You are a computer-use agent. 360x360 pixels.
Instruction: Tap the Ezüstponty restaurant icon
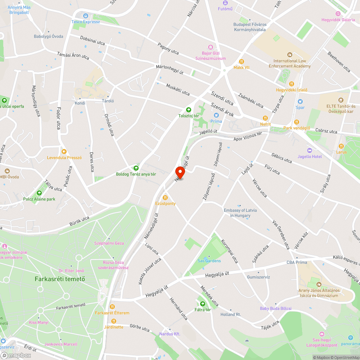[165, 197]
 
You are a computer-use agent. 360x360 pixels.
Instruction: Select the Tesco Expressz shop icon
[86, 16]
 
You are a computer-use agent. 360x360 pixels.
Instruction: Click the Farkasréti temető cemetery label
[60, 279]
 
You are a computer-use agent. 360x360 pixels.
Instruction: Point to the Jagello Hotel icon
[309, 150]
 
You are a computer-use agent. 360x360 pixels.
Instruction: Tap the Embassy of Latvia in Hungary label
[240, 213]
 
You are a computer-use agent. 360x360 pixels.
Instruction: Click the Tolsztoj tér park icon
[188, 110]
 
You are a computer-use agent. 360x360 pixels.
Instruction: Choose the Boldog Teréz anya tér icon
[136, 168]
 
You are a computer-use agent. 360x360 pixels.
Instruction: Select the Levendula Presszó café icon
[64, 152]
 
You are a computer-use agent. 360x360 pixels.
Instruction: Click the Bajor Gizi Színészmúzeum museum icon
[211, 47]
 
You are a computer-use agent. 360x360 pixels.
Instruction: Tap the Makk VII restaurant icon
[241, 61]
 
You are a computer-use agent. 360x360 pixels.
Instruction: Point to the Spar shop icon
[300, 102]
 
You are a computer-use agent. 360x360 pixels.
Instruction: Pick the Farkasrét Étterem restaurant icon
[112, 307]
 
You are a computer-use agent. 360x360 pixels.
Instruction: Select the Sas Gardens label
[209, 261]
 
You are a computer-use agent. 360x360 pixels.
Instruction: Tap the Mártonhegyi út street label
[170, 69]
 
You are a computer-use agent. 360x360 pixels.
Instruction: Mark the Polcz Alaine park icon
[39, 193]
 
